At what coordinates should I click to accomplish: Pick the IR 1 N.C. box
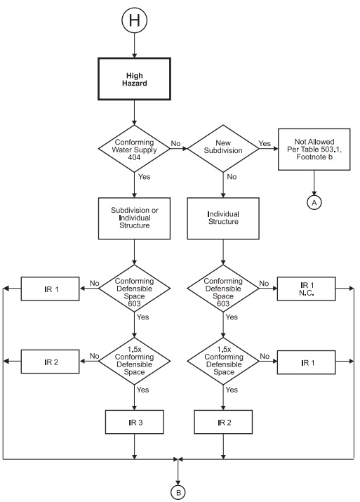[x=306, y=288]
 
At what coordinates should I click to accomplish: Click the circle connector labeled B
[x=178, y=491]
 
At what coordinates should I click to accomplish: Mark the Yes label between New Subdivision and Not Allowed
[x=265, y=143]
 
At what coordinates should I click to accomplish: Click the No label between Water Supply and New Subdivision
[x=176, y=143]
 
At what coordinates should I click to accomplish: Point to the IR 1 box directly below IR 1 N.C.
[x=306, y=362]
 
